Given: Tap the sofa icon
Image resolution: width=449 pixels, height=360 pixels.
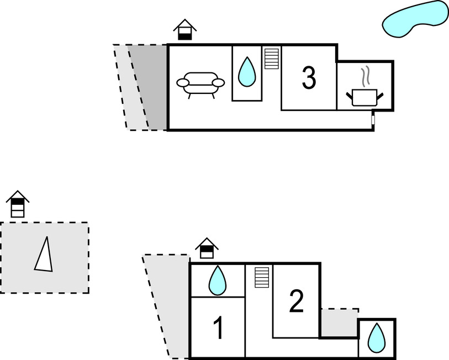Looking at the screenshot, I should [x=200, y=83].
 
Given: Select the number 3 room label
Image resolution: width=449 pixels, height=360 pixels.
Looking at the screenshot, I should [x=309, y=78].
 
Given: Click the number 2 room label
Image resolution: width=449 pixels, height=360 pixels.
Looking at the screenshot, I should [x=297, y=301].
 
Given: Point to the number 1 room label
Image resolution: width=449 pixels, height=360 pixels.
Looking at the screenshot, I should [x=219, y=329].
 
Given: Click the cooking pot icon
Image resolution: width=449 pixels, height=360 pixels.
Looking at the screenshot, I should [x=364, y=96].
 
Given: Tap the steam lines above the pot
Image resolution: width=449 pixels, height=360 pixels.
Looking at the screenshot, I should [x=365, y=76].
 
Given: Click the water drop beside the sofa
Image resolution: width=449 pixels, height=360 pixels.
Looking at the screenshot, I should [x=247, y=72].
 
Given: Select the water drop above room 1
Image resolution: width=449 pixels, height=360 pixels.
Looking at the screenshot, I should [x=217, y=280].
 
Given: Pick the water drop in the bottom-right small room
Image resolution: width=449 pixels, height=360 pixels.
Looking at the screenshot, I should [x=377, y=337].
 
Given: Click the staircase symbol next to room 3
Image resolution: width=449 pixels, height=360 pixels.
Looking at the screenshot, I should [x=271, y=59].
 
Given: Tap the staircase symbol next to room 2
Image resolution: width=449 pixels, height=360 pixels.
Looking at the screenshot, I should [x=261, y=277].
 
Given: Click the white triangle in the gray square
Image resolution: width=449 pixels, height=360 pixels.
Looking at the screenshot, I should [x=44, y=255].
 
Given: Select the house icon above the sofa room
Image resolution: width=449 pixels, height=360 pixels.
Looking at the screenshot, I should [x=185, y=30].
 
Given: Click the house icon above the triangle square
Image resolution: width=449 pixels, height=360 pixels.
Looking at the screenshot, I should [x=18, y=204].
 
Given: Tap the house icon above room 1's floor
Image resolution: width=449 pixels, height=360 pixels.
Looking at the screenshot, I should [x=207, y=248].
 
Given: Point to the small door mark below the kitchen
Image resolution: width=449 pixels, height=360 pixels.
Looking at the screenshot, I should [x=373, y=119].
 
